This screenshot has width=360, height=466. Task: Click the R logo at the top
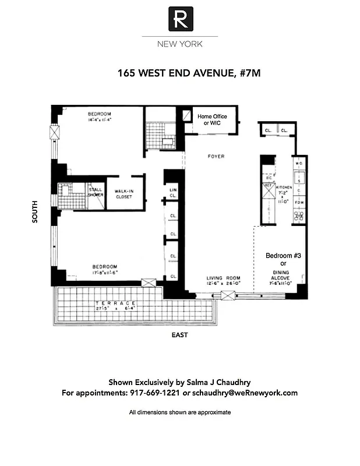[x=180, y=19]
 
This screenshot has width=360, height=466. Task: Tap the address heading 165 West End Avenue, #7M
[x=180, y=74]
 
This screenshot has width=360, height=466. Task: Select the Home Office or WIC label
[x=211, y=120]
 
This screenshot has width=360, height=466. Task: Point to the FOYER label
[x=216, y=157]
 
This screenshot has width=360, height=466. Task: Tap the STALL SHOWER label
[x=95, y=192]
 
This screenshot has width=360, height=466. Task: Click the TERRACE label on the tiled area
[x=117, y=303]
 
